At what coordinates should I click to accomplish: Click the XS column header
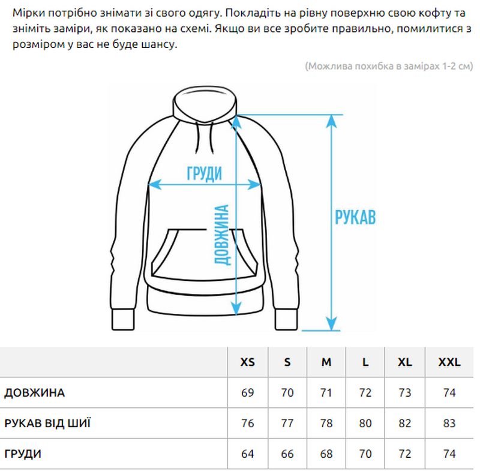pos(247,362)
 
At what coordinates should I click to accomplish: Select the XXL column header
pos(449,362)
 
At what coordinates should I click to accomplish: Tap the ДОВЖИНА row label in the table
pos(35,392)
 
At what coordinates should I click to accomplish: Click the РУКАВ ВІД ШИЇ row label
pos(47,423)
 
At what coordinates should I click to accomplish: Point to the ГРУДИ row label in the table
pos(23,454)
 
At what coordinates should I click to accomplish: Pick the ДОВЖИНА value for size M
pos(326,392)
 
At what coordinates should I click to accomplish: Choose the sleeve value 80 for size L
pos(365,423)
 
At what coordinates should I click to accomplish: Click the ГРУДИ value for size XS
pos(247,454)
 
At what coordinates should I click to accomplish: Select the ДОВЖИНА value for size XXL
pos(449,392)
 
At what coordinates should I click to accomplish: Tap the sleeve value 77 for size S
pos(287,423)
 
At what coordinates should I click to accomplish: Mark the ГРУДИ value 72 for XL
pos(404,454)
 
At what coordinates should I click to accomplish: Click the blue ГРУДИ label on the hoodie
pos(205,173)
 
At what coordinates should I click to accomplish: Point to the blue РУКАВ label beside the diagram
pos(355,217)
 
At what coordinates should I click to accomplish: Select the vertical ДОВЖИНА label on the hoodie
pos(221,235)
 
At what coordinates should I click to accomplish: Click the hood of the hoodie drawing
pos(205,104)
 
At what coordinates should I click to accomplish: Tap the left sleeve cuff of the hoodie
pos(123,320)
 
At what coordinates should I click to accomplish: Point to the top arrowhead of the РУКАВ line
pos(332,121)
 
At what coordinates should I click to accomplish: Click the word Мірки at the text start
pos(28,13)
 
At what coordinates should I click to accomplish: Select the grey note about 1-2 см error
pos(389,66)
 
